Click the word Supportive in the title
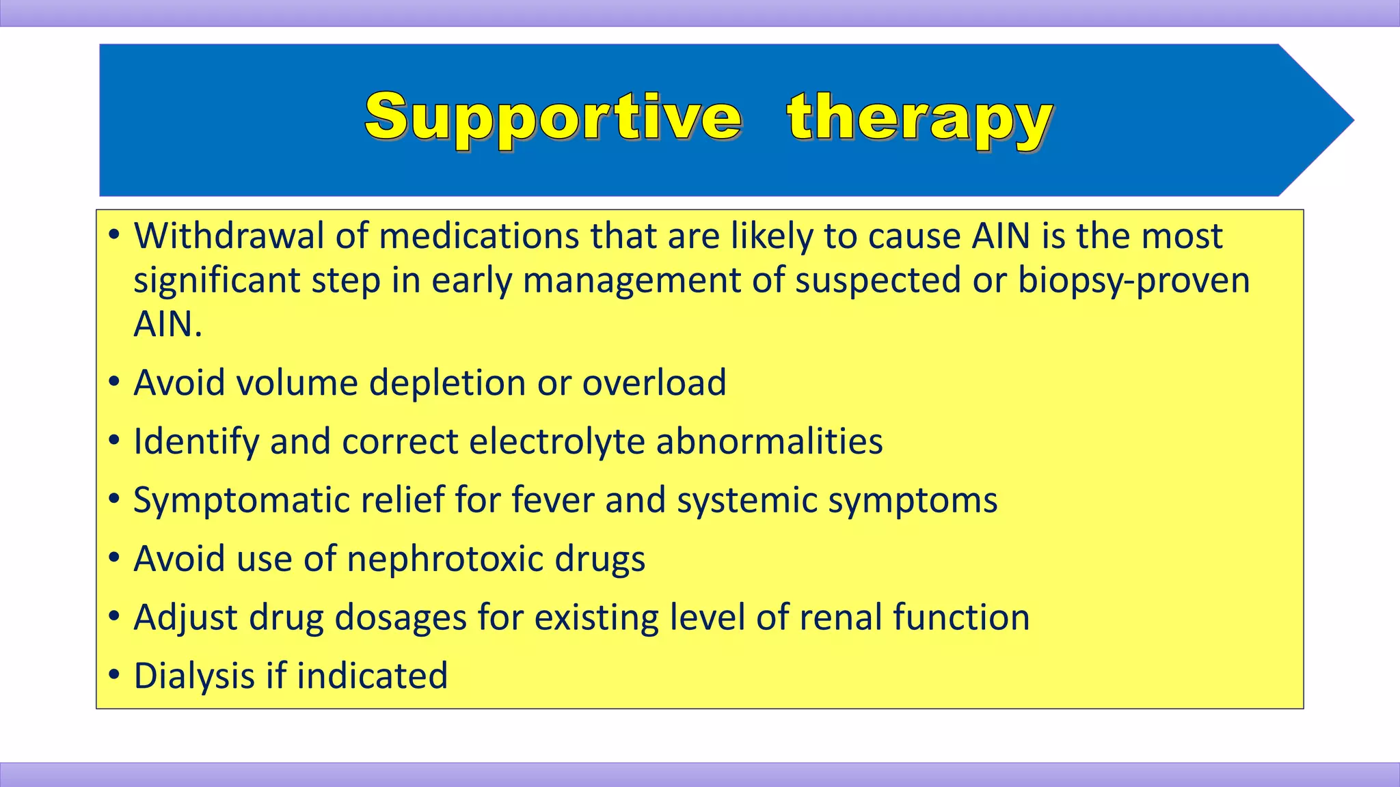point(552,118)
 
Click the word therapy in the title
point(919,118)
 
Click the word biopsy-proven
point(1133,281)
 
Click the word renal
point(840,618)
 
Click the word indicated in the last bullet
point(372,676)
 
